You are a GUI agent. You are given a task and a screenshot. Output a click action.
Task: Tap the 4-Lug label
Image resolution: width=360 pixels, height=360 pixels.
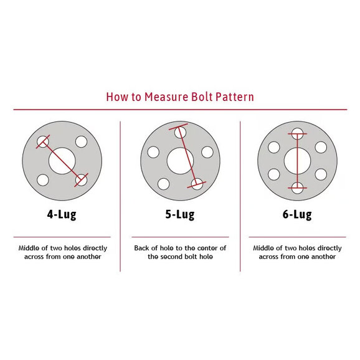(x=62, y=215)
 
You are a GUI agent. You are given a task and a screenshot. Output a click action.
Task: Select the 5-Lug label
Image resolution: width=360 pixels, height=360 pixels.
(x=180, y=215)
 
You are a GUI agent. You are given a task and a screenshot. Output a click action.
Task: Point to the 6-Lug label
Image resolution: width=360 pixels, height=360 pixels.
(x=297, y=215)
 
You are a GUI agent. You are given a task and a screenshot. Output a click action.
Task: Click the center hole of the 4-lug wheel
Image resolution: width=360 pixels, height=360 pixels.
(x=62, y=161)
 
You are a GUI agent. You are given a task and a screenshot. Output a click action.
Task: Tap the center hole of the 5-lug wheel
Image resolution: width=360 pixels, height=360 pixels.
(x=180, y=161)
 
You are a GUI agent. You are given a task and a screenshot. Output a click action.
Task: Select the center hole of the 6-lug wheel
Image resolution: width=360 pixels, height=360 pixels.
(x=297, y=161)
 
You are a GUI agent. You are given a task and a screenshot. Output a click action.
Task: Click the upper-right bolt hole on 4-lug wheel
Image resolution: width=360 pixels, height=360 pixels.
(x=81, y=141)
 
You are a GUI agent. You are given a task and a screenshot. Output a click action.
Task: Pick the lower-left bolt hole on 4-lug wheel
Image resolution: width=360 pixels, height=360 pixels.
(x=43, y=180)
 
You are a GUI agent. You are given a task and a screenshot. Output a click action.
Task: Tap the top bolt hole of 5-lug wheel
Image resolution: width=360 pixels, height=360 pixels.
(x=180, y=133)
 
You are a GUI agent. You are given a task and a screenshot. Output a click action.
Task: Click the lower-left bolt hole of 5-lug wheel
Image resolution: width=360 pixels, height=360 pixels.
(x=163, y=184)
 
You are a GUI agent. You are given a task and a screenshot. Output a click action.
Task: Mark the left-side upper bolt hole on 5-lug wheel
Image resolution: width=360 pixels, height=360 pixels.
(x=153, y=152)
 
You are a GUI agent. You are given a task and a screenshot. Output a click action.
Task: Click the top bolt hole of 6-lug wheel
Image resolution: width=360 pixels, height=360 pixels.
(x=297, y=134)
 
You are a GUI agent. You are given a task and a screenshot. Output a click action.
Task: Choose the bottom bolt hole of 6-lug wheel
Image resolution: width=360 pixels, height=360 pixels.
(x=297, y=188)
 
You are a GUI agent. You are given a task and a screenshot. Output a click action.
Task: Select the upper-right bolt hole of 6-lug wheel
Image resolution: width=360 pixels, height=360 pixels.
(x=321, y=148)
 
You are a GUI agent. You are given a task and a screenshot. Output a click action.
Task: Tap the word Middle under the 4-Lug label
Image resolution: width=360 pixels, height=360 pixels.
(x=29, y=248)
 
